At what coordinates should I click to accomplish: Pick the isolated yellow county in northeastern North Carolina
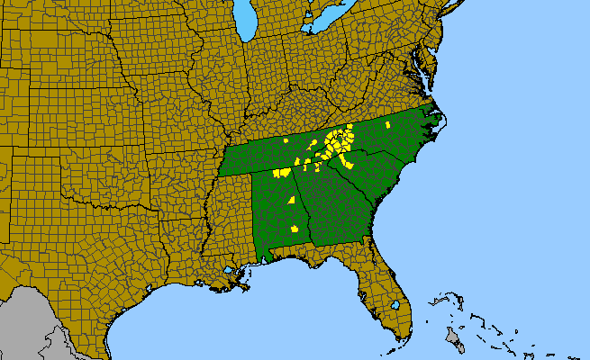387,124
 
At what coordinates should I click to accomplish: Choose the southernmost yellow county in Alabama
295,229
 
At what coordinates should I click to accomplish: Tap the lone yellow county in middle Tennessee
286,141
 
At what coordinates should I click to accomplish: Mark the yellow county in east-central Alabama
292,200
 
